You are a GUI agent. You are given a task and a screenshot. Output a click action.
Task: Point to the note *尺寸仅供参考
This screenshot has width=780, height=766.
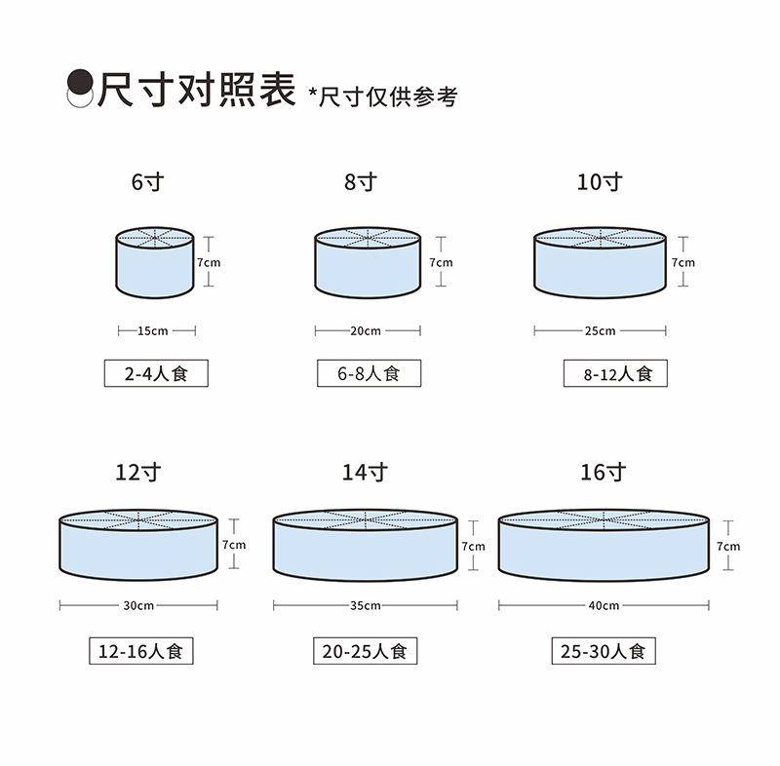point(381,96)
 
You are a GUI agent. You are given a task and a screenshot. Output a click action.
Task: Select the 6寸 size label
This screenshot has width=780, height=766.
point(146,181)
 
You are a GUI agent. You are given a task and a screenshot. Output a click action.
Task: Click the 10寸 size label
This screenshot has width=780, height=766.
point(599,181)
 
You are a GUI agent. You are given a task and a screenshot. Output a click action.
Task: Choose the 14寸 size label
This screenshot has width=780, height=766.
point(365,473)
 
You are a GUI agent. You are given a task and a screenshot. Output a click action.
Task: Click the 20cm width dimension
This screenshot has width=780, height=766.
point(365,330)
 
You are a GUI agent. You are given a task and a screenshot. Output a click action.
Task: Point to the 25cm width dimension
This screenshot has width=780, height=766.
point(600,330)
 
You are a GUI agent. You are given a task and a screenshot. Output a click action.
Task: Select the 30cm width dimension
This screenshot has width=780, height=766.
point(138,605)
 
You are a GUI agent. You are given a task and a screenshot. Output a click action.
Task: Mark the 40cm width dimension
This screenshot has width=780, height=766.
point(604,605)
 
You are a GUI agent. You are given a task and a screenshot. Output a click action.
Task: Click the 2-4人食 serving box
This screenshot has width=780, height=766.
point(156,373)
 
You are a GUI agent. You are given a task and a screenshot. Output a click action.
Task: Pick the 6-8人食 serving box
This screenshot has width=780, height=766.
point(369,373)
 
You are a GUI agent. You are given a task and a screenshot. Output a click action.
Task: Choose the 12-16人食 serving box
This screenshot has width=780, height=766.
point(139,650)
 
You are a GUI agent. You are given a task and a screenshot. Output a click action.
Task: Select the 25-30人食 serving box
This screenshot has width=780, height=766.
point(604,650)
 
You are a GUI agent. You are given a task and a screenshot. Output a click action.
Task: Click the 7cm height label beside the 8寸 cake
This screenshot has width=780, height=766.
point(441,262)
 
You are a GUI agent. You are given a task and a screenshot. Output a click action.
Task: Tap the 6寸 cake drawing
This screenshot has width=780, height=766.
point(154,263)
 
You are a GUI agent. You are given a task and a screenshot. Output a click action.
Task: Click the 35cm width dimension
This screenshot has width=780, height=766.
point(366,605)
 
